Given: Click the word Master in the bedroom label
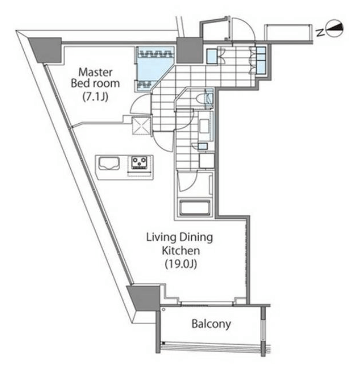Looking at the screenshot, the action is pyautogui.click(x=96, y=72).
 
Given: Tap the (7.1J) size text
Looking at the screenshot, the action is pyautogui.click(x=96, y=97).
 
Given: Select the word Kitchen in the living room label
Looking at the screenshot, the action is pyautogui.click(x=181, y=251).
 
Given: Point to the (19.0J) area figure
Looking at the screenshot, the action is pyautogui.click(x=181, y=264).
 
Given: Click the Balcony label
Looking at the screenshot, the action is pyautogui.click(x=211, y=324).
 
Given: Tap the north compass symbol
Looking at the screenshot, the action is pyautogui.click(x=335, y=28).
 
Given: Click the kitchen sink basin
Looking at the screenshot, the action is pyautogui.click(x=109, y=163).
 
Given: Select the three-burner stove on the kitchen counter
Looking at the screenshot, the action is pyautogui.click(x=140, y=163).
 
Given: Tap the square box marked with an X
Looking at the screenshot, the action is pyautogui.click(x=142, y=126).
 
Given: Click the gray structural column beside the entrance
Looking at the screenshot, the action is pyautogui.click(x=190, y=50).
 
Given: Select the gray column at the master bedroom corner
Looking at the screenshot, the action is pyautogui.click(x=46, y=49).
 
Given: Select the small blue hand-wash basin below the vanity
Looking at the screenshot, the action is pyautogui.click(x=203, y=146).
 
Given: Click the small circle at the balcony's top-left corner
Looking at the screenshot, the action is pyautogui.click(x=163, y=310).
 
